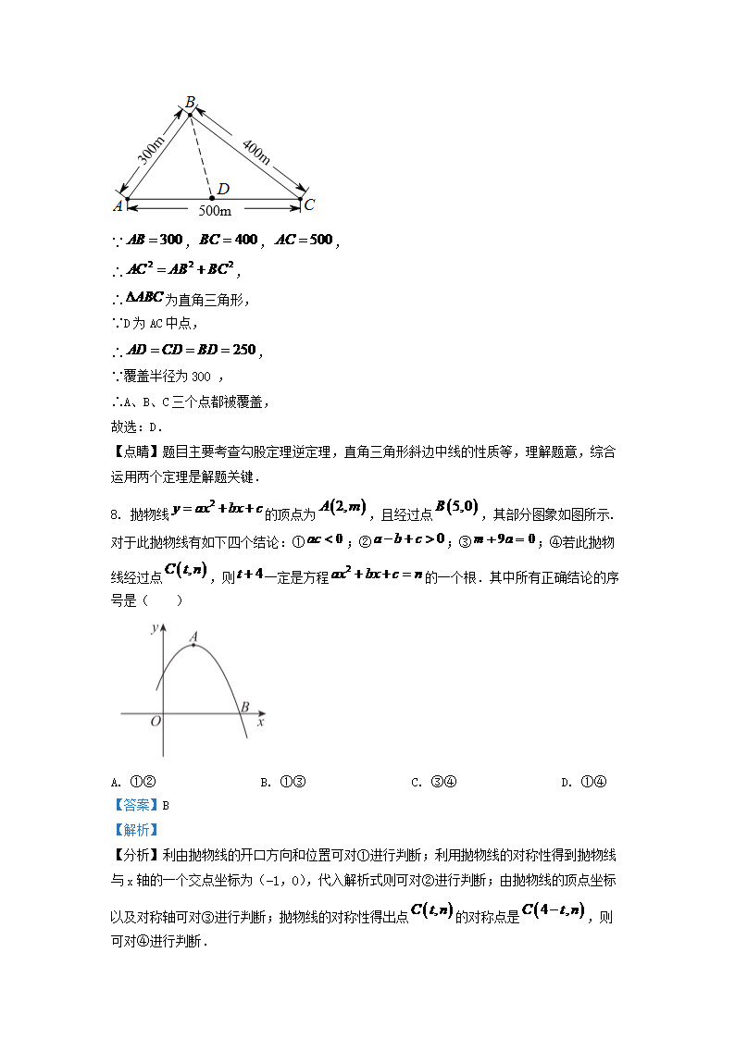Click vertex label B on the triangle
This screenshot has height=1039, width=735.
(190, 102)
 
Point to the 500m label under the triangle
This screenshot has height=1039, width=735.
(215, 212)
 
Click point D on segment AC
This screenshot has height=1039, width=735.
(212, 198)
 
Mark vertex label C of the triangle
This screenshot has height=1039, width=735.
(310, 204)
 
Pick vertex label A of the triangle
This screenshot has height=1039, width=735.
(118, 205)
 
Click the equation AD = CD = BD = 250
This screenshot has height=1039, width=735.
(191, 351)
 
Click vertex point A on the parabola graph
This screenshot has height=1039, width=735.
(193, 645)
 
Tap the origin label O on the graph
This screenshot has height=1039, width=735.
(156, 722)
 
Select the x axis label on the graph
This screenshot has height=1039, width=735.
(261, 722)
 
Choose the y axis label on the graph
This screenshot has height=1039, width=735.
(152, 630)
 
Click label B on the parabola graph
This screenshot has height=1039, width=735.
(244, 708)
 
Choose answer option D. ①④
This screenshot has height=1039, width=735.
(584, 782)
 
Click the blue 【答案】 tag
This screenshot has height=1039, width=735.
(135, 805)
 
